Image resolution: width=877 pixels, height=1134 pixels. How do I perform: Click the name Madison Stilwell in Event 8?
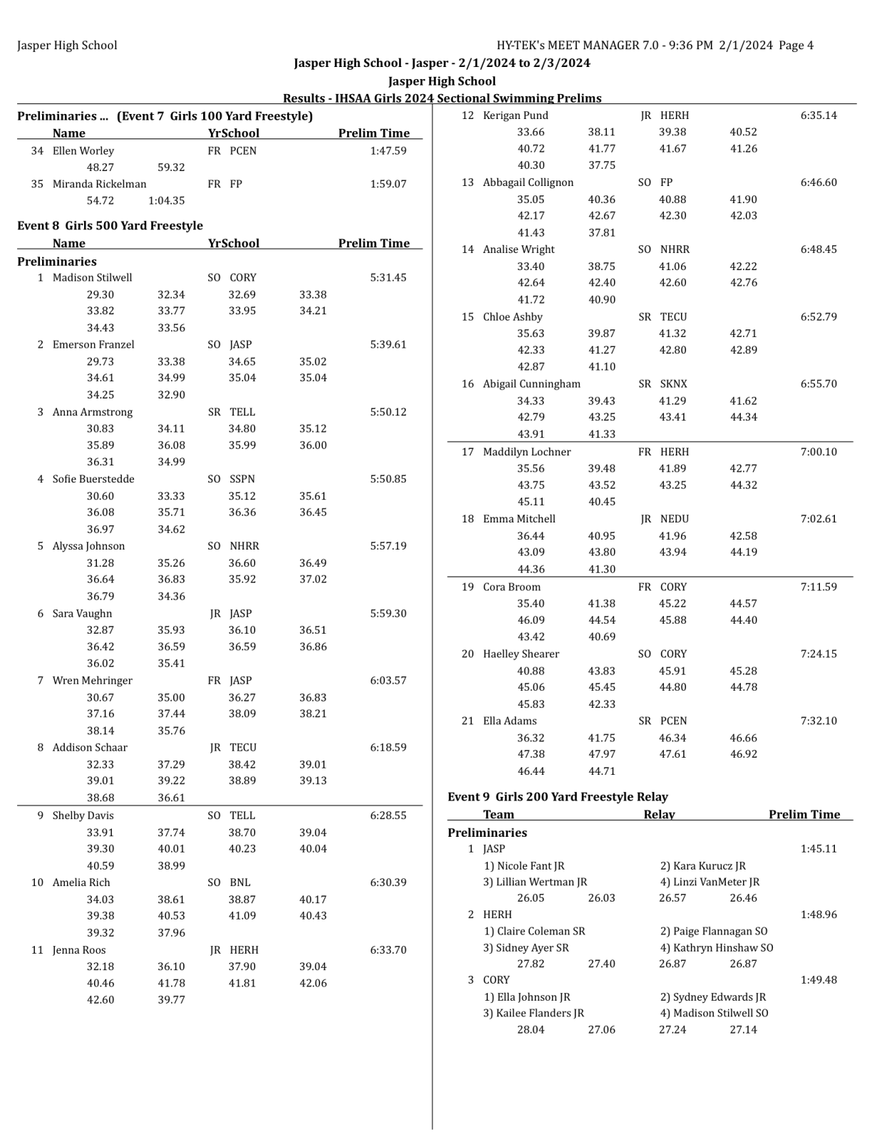pyautogui.click(x=92, y=277)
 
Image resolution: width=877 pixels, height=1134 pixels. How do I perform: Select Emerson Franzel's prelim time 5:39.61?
pyautogui.click(x=388, y=344)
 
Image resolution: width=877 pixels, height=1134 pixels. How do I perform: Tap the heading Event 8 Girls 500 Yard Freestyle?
pyautogui.click(x=110, y=225)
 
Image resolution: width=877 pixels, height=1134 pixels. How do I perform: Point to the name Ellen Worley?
pyautogui.click(x=83, y=150)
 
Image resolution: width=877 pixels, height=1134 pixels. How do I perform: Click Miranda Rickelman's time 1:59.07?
pyautogui.click(x=388, y=184)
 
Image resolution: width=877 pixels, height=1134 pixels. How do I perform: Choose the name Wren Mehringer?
pyautogui.click(x=92, y=680)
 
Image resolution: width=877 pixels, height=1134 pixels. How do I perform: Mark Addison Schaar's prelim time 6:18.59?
pyautogui.click(x=388, y=747)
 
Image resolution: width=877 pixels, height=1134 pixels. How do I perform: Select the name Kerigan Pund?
pyautogui.click(x=516, y=115)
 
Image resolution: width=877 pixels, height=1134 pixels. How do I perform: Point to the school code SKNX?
pyautogui.click(x=673, y=383)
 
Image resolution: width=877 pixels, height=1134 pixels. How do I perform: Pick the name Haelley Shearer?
pyautogui.click(x=520, y=654)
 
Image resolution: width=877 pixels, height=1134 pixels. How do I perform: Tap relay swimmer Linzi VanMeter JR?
pyautogui.click(x=709, y=882)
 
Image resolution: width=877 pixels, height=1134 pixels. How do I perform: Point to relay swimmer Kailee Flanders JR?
pyautogui.click(x=533, y=1013)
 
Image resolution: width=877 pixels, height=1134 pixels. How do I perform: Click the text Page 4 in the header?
pyautogui.click(x=796, y=46)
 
